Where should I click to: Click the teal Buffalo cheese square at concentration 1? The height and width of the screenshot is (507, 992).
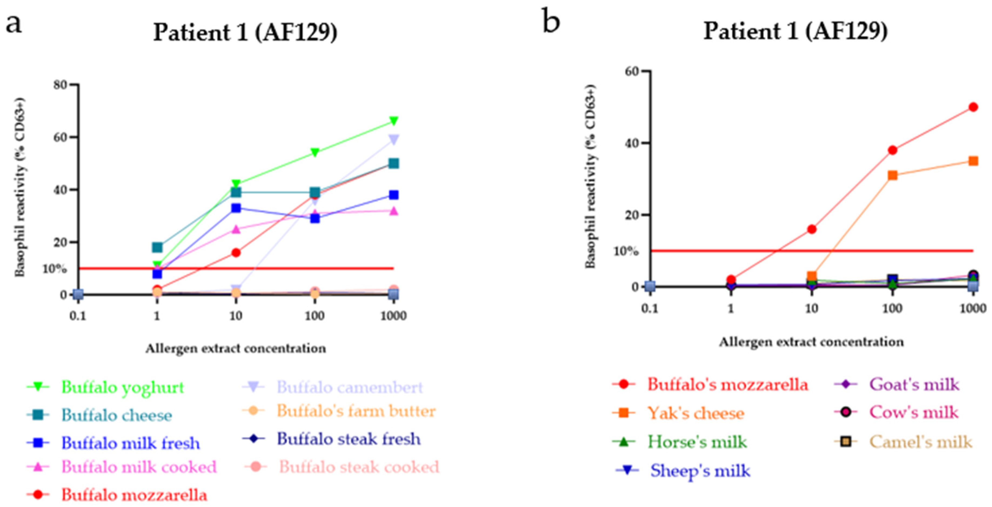pos(157,247)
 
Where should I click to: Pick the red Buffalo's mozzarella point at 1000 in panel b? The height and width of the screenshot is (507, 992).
pos(973,107)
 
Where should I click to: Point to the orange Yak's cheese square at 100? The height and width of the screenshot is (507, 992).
pos(892,176)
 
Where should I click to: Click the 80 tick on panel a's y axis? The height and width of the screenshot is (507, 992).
pos(61,85)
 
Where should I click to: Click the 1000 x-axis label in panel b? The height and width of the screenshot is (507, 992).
pos(973,308)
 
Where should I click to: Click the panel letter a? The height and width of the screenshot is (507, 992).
pos(14,24)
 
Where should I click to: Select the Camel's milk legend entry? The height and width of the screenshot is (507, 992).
pos(921,442)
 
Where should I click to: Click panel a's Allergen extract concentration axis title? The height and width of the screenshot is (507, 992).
pos(236,348)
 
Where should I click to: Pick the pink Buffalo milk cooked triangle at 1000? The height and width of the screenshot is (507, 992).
pos(393,211)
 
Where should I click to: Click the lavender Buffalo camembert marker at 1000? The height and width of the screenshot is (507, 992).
pos(393,139)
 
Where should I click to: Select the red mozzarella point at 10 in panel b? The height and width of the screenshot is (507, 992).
pos(811,229)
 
